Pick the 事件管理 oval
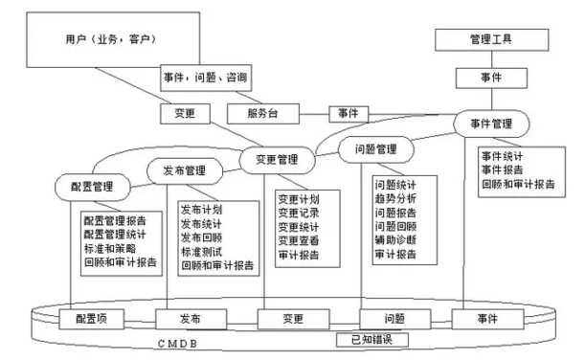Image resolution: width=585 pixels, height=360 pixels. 491,124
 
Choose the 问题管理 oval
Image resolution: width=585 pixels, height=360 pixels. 375,149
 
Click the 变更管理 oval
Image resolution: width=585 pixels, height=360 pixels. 276,160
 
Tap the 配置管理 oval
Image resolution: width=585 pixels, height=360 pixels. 93,183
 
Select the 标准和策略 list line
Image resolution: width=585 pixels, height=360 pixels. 109,246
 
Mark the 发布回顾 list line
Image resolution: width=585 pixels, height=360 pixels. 201,237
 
